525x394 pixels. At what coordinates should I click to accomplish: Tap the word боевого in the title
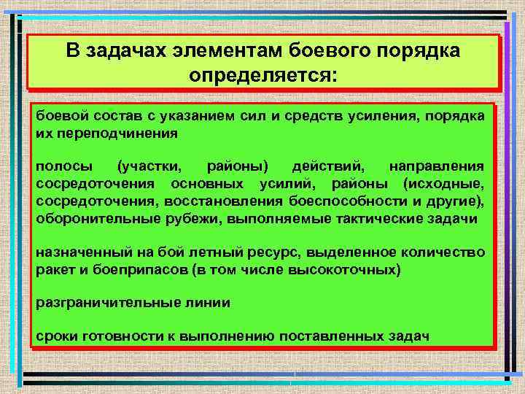[331, 52]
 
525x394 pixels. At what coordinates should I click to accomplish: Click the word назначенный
[77, 252]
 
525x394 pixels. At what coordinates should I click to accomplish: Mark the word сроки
[55, 336]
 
